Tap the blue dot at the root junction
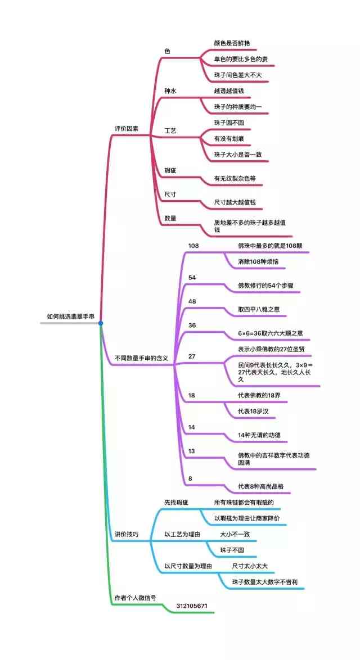point(101,323)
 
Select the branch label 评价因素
point(127,129)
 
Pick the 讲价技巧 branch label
point(127,534)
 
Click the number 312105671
point(192,606)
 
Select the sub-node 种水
point(170,91)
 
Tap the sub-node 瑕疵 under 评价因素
point(170,170)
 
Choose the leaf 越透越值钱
point(229,91)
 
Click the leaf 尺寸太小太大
point(253,566)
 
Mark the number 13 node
point(191,451)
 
